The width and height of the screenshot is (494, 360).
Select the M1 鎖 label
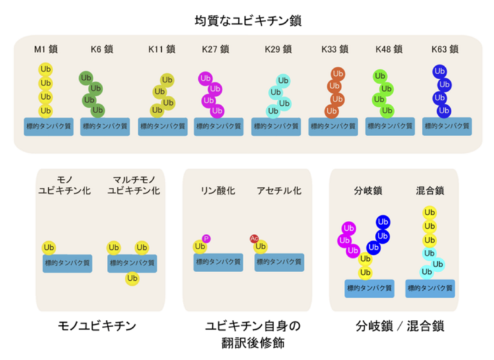click(47, 49)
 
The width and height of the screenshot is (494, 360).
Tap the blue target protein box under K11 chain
click(162, 126)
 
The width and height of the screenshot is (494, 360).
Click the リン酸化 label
click(218, 191)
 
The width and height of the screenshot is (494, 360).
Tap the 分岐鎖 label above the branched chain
click(368, 191)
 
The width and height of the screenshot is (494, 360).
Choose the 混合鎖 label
click(429, 191)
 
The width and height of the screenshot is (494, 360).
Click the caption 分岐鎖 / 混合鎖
click(400, 326)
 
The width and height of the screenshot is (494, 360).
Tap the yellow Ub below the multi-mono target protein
click(132, 279)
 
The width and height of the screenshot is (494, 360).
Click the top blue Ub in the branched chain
click(382, 222)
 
